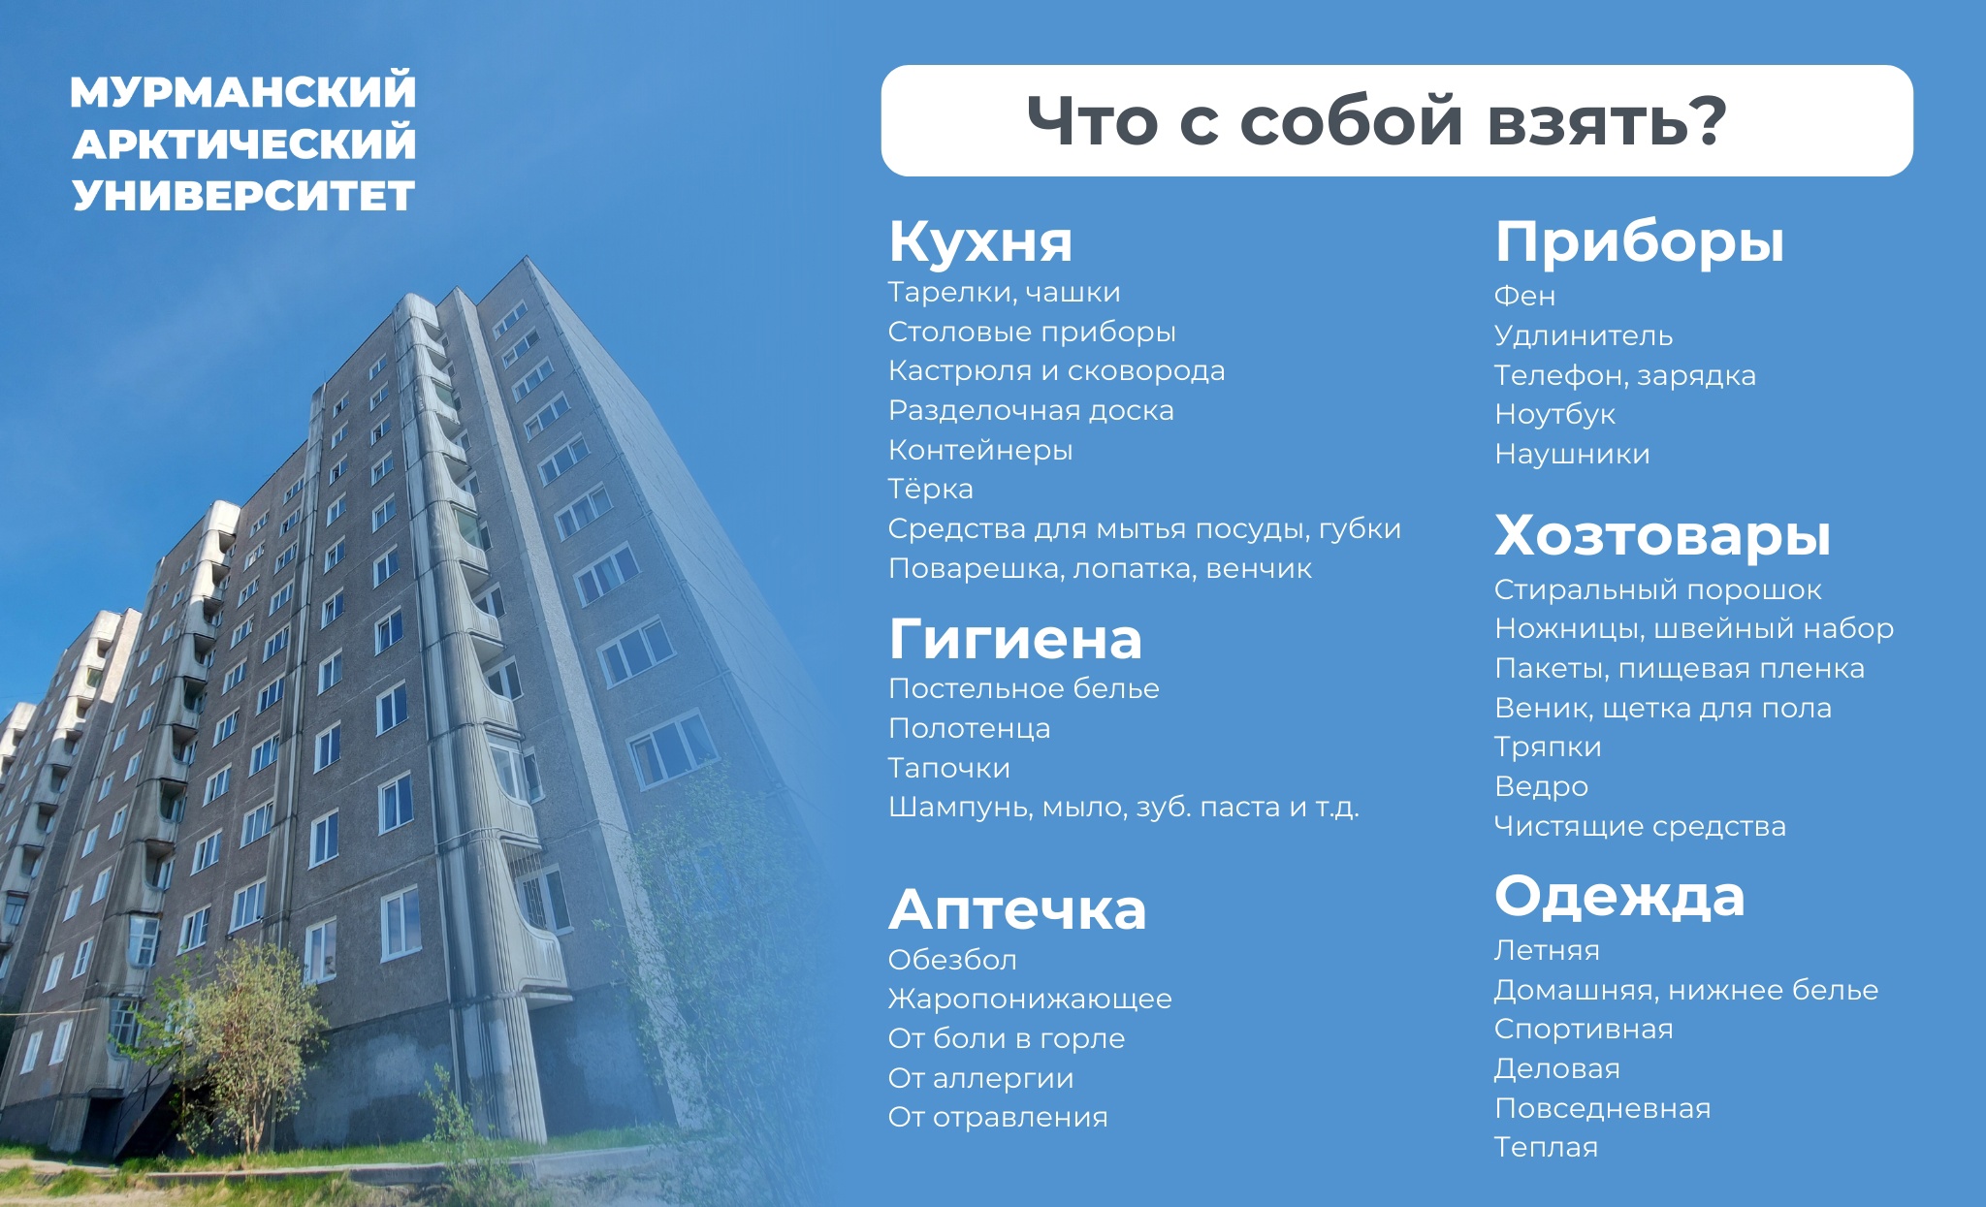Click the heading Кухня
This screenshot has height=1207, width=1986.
click(980, 241)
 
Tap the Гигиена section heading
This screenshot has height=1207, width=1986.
click(1015, 640)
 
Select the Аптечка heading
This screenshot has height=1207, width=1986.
click(1017, 910)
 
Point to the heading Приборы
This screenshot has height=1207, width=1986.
click(1639, 242)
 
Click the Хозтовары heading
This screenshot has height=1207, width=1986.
click(1662, 535)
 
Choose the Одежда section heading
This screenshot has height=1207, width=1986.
click(1619, 897)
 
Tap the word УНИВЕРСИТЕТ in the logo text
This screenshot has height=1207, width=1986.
click(243, 196)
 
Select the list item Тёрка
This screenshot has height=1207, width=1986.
click(930, 490)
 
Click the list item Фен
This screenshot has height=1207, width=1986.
click(1524, 296)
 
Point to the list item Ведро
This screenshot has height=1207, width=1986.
click(1541, 786)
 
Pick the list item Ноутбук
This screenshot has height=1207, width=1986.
click(1554, 415)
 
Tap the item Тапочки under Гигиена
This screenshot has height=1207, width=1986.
click(948, 768)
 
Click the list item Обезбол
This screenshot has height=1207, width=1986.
click(952, 960)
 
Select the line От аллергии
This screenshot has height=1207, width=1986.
click(980, 1078)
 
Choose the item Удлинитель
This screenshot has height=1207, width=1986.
click(1583, 335)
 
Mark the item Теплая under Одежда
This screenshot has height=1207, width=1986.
click(1546, 1147)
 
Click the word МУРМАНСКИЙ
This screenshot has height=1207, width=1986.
click(243, 92)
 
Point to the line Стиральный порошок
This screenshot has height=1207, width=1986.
click(1657, 589)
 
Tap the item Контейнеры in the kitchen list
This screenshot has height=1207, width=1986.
click(979, 450)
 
